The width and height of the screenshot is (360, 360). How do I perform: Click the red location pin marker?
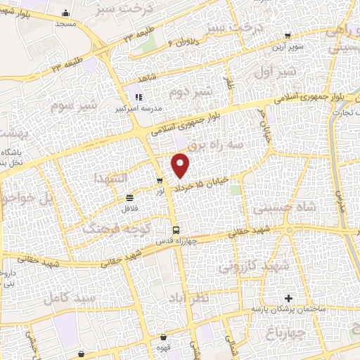[181, 166]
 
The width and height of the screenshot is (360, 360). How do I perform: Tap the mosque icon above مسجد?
[66, 13]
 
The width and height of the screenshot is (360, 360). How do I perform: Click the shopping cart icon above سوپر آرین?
[286, 34]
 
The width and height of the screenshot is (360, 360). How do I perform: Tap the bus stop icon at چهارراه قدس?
[176, 230]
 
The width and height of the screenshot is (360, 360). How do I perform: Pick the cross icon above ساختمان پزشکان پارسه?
[288, 299]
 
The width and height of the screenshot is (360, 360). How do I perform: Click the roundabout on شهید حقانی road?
[290, 230]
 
